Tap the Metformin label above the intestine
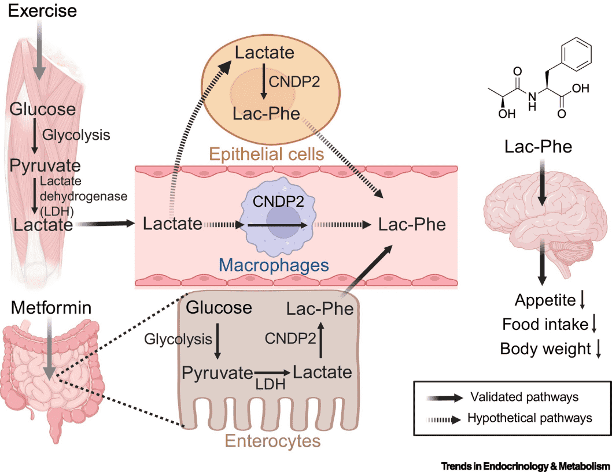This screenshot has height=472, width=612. [46, 308]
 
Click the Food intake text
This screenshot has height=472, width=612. [545, 325]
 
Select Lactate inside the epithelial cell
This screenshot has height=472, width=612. [264, 53]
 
